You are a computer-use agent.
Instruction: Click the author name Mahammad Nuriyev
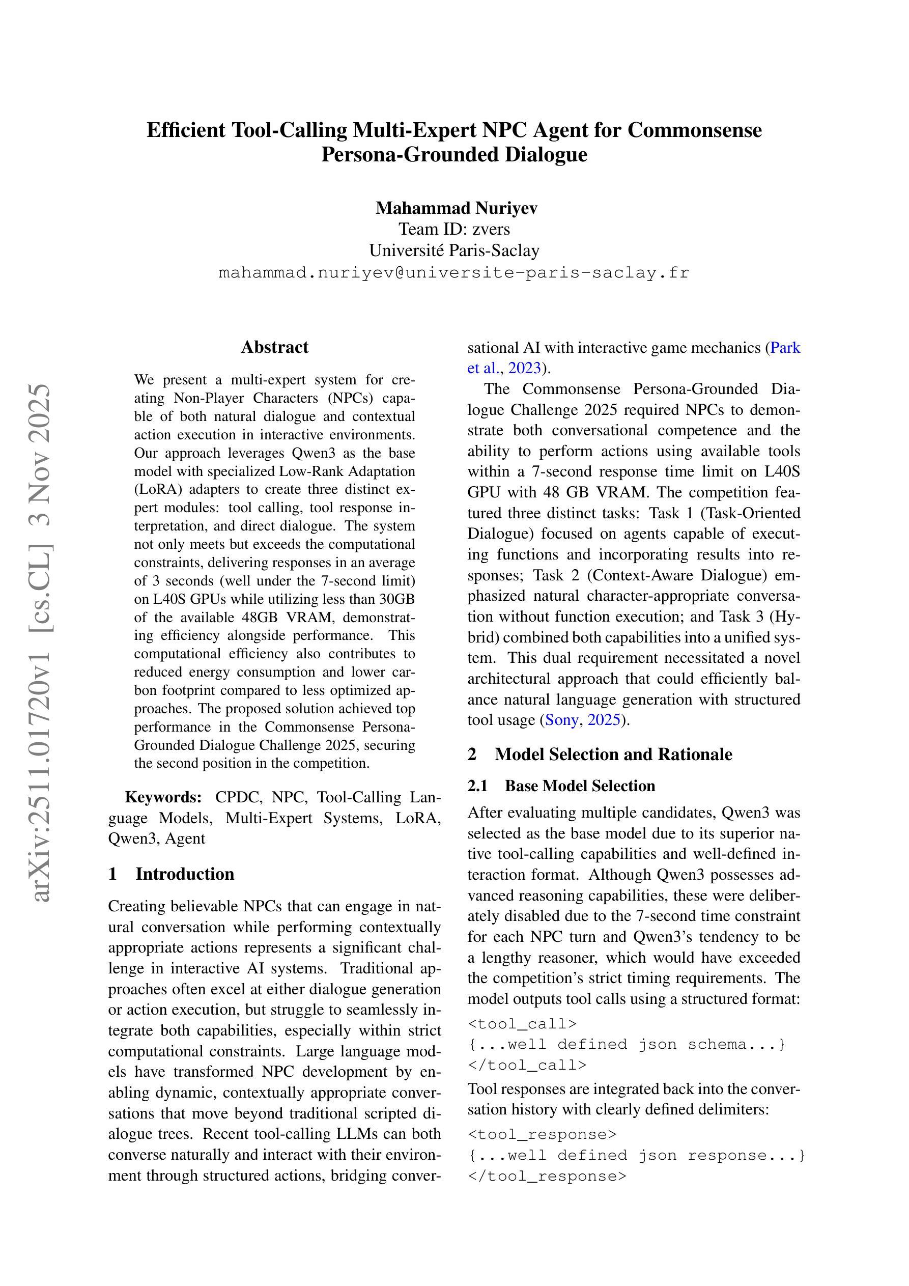click(x=456, y=208)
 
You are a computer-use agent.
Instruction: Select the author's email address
click(x=453, y=273)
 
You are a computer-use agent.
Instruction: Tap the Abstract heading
click(x=274, y=347)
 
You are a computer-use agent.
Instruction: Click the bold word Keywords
click(x=163, y=797)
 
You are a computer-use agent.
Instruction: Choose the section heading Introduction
click(x=184, y=874)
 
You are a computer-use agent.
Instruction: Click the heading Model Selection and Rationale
click(x=613, y=754)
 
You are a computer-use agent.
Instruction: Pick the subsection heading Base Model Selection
click(x=580, y=786)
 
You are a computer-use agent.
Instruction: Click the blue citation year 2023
click(x=524, y=368)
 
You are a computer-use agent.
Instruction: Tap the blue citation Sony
click(x=561, y=720)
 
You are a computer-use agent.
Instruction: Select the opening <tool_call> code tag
click(x=522, y=1024)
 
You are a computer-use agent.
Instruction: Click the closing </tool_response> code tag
click(x=547, y=1176)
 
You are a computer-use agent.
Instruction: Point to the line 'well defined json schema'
click(x=627, y=1045)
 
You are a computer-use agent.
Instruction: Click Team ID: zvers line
click(x=454, y=229)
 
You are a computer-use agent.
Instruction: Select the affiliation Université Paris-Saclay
click(x=454, y=250)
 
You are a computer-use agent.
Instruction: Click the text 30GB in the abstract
click(x=397, y=599)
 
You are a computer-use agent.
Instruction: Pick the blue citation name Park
click(x=785, y=348)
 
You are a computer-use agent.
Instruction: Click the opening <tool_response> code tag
click(x=542, y=1134)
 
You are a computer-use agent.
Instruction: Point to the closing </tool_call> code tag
click(x=527, y=1065)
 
